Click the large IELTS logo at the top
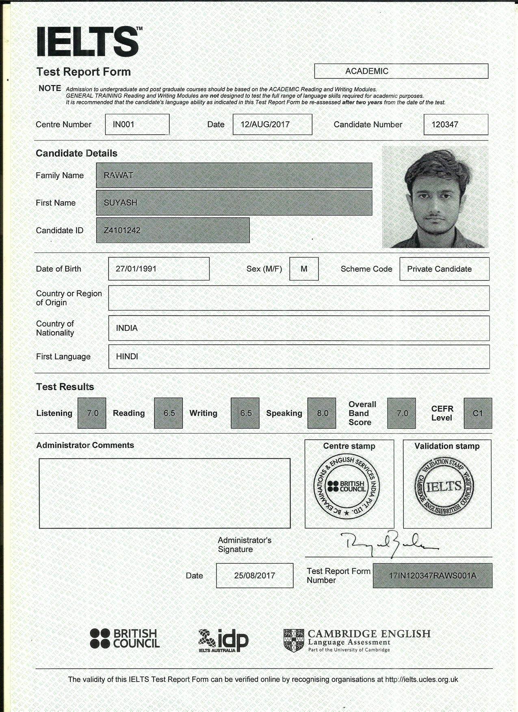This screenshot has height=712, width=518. click(x=88, y=41)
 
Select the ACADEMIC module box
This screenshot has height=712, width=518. click(x=401, y=71)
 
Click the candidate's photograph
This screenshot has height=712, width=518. click(x=435, y=197)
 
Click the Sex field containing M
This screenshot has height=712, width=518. click(x=304, y=269)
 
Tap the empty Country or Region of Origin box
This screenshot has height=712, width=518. click(x=299, y=298)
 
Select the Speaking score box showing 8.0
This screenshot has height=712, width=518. click(x=322, y=413)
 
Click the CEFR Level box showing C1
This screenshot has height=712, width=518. click(x=478, y=413)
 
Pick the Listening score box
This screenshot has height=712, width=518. click(x=92, y=413)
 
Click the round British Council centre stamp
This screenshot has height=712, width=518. click(x=347, y=486)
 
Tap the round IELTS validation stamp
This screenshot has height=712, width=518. click(x=444, y=487)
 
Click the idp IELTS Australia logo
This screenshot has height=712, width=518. click(x=223, y=641)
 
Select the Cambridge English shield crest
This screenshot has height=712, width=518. click(x=294, y=640)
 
